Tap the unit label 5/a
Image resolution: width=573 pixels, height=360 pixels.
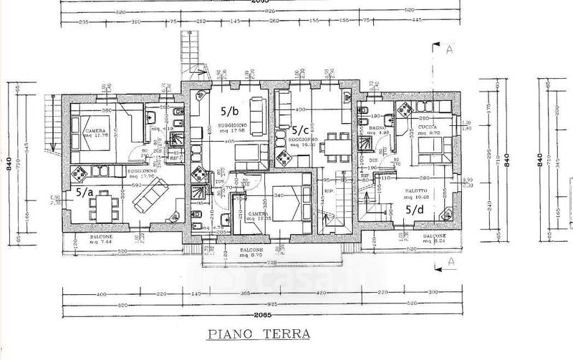[85, 193]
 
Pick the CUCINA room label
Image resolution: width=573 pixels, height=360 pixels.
[428, 127]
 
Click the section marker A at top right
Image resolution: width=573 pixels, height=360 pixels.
[448, 50]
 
